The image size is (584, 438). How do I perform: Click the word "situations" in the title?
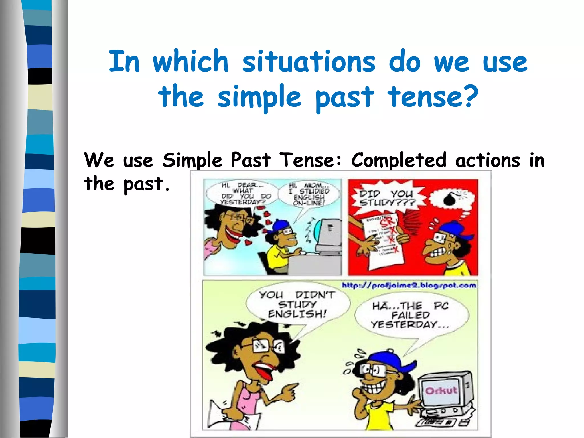[x=309, y=62]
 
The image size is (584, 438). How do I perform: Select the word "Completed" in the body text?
[x=398, y=160]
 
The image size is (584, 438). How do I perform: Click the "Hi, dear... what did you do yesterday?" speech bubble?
[x=242, y=194]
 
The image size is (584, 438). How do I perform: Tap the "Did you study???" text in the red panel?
[x=387, y=198]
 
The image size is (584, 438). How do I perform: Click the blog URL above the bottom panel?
[x=409, y=285]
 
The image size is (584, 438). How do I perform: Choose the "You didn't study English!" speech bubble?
[x=297, y=305]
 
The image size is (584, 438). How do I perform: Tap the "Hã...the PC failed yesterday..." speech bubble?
[x=411, y=315]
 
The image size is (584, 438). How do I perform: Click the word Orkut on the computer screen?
[x=441, y=390]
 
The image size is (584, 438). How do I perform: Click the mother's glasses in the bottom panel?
[x=267, y=346]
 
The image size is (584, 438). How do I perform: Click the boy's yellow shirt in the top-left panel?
[x=278, y=259]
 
